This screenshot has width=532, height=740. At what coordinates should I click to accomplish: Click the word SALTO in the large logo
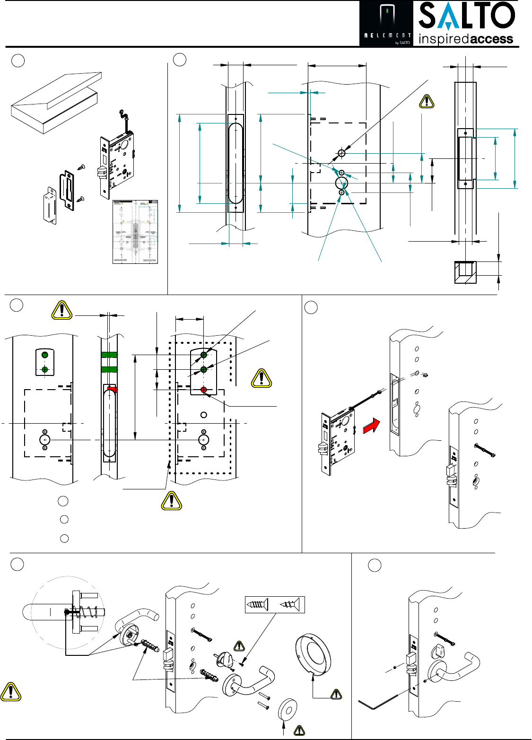pyautogui.click(x=466, y=16)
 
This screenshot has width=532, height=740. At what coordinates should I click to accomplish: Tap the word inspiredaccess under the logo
pyautogui.click(x=466, y=39)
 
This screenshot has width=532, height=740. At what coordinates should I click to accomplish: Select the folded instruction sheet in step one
pyautogui.click(x=135, y=232)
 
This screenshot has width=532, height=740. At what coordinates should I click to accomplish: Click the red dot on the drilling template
pyautogui.click(x=204, y=390)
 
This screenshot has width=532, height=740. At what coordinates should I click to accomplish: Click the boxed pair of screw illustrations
pyautogui.click(x=275, y=604)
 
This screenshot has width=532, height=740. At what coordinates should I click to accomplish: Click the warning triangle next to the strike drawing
pyautogui.click(x=427, y=102)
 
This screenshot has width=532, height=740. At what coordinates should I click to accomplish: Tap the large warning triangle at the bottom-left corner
pyautogui.click(x=10, y=692)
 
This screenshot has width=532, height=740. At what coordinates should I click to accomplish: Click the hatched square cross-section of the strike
pyautogui.click(x=465, y=272)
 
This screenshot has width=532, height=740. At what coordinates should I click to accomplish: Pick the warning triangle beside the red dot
pyautogui.click(x=261, y=378)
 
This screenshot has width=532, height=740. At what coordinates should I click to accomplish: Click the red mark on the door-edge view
pyautogui.click(x=112, y=389)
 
